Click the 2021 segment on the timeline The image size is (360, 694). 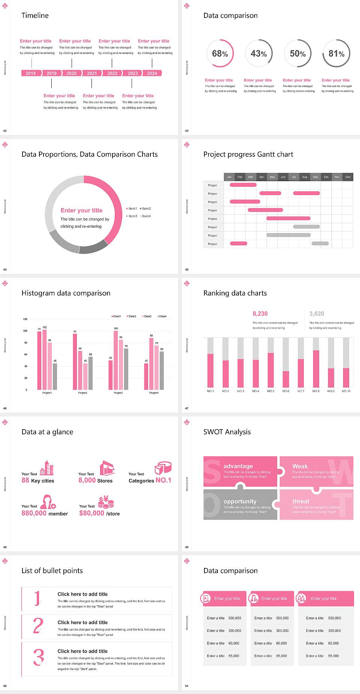click(92, 73)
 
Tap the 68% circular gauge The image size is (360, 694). click(220, 53)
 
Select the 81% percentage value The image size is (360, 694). click(336, 54)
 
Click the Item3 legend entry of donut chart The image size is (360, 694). click(132, 216)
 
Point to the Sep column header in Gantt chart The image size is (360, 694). click(315, 177)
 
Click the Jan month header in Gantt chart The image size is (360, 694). click(229, 177)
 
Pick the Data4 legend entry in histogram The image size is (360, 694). click(162, 316)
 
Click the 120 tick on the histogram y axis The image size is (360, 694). click(25, 319)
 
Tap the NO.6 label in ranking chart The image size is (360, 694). click(286, 391)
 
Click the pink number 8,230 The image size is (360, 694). click(260, 314)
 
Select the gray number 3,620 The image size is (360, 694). click(316, 314)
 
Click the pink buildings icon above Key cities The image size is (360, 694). click(47, 468)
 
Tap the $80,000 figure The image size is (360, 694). click(91, 513)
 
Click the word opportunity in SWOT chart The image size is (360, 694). click(240, 501)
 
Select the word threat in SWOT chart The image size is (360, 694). click(301, 501)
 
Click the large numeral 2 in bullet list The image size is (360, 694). click(38, 626)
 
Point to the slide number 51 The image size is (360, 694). click(187, 686)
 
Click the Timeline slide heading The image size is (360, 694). click(35, 15)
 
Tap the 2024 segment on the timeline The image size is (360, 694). click(152, 73)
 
